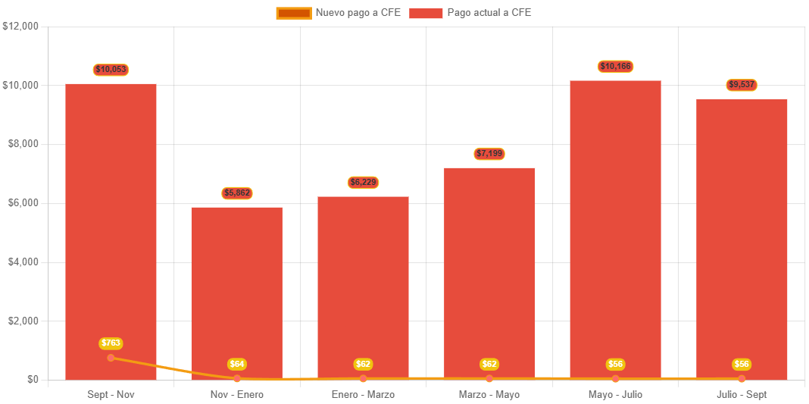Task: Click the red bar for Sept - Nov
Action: (111, 227)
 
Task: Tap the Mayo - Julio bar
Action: (615, 227)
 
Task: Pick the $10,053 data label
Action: (111, 70)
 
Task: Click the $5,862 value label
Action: (237, 193)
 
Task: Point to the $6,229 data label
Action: (364, 183)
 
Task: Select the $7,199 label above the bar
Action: (489, 154)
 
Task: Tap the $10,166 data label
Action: (615, 67)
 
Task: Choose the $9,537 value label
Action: (742, 84)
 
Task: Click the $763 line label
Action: (111, 343)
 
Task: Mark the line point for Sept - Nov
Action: (111, 358)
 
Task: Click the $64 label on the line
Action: (237, 365)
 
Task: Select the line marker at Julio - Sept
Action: (742, 378)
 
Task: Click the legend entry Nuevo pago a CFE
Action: (339, 13)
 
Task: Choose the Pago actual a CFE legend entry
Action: (470, 13)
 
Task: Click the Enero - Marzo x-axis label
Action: (363, 395)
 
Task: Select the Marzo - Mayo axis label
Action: (489, 395)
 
